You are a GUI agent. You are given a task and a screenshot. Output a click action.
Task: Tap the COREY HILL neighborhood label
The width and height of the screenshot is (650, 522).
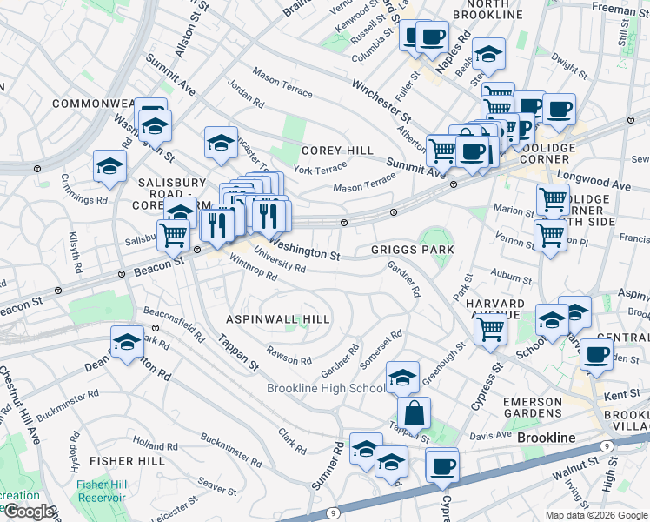337,151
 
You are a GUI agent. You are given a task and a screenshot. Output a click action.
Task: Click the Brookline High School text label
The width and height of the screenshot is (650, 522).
326,388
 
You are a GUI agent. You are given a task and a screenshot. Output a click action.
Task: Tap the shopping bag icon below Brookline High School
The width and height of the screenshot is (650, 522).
415,414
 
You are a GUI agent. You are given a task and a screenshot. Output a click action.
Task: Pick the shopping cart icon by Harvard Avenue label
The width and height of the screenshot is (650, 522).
491,330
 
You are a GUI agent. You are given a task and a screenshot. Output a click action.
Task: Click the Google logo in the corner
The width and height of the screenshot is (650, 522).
30,512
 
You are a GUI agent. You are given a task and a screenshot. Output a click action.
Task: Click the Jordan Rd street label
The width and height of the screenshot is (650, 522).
245,95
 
